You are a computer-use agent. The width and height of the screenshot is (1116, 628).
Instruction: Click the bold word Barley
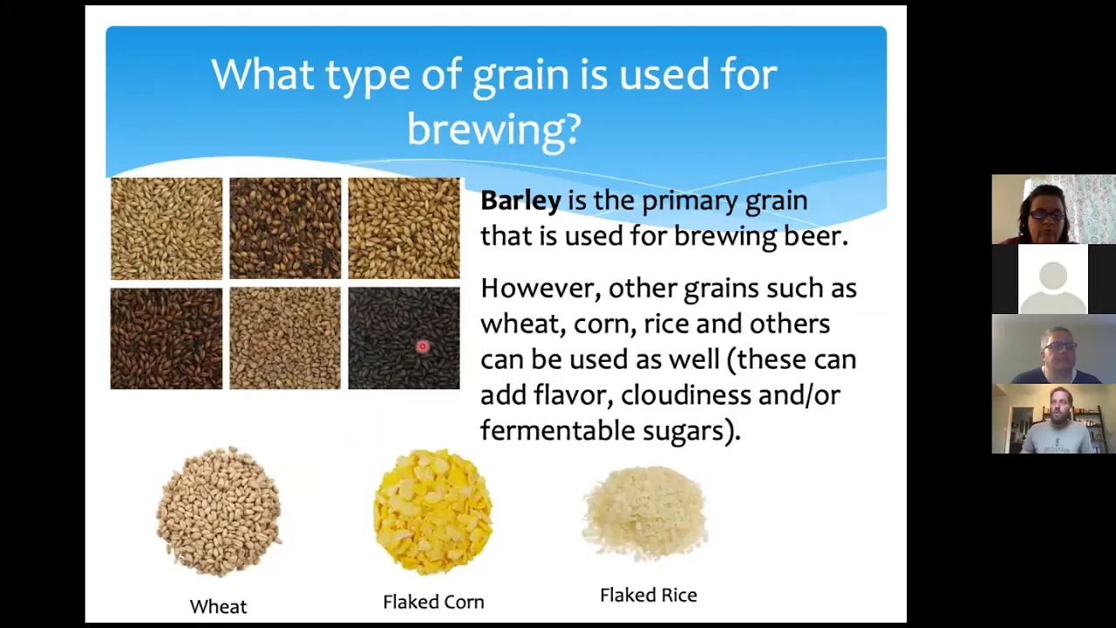(x=521, y=201)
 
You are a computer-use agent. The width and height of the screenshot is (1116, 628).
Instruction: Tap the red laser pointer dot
(x=423, y=346)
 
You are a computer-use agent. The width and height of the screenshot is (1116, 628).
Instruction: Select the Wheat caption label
(x=218, y=606)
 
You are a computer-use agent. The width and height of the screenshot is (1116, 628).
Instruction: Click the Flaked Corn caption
(x=433, y=602)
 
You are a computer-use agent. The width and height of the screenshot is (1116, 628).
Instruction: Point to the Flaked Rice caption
(x=648, y=595)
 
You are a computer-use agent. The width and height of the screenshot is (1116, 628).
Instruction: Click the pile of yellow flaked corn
(x=433, y=512)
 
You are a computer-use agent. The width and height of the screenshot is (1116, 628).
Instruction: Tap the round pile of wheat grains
(x=219, y=512)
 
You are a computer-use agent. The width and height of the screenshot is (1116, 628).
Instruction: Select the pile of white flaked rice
(x=645, y=514)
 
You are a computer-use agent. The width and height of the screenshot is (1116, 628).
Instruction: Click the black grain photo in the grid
(x=404, y=338)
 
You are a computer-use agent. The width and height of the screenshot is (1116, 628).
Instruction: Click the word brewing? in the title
(x=494, y=129)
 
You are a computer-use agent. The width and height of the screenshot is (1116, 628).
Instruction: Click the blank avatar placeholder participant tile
(x=1052, y=279)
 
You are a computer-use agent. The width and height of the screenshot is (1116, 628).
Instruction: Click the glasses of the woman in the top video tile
(x=1047, y=215)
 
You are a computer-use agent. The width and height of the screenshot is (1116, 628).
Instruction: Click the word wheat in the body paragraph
(x=522, y=324)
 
